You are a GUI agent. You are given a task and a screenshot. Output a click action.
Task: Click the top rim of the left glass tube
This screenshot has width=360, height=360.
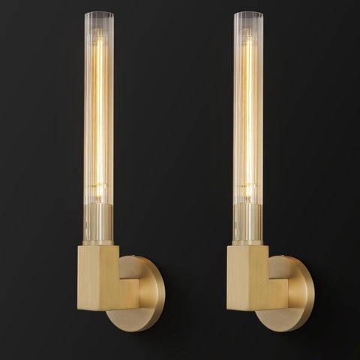coord(98,13)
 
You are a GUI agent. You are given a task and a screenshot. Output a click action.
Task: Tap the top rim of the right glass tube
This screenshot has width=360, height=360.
coord(248,13)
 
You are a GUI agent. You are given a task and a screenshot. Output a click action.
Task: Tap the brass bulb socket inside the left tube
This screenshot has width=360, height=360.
coord(98,225)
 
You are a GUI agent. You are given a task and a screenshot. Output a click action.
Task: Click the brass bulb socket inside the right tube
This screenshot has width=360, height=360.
coord(248,225)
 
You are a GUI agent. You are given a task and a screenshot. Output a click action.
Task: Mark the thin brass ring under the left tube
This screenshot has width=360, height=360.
coord(98,242)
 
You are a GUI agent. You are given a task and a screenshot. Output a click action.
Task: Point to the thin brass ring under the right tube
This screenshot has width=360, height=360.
coord(248,242)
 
